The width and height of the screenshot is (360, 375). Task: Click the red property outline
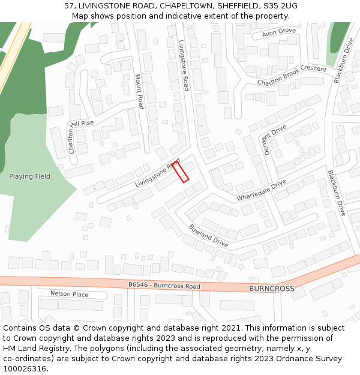[181, 171]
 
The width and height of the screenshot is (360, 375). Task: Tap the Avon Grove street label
[279, 31]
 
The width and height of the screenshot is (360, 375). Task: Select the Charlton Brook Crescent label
[292, 74]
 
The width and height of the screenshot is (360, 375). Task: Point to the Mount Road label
[139, 91]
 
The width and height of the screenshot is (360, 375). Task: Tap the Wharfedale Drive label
[261, 190]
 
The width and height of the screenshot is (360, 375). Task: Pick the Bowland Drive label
[208, 236]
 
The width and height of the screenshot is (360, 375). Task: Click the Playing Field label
[29, 176]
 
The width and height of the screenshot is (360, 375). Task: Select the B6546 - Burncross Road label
[164, 286]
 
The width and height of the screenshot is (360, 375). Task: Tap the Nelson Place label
[69, 294]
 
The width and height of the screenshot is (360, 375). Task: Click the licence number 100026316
[25, 368]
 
